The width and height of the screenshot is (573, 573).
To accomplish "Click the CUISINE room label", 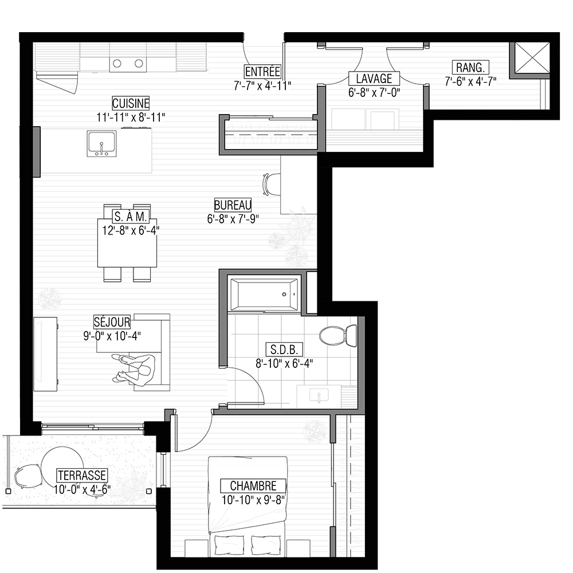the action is click(131, 103).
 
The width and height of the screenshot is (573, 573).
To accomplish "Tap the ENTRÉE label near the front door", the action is click(262, 71).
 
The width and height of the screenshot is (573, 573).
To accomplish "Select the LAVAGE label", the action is click(374, 79).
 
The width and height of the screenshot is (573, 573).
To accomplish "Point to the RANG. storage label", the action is click(470, 68).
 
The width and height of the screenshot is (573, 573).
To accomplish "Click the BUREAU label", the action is click(233, 205).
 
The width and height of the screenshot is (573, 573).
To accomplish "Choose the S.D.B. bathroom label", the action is click(284, 350).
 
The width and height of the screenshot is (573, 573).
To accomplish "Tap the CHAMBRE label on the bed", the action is click(253, 486).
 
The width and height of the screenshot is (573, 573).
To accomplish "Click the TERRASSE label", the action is click(82, 476).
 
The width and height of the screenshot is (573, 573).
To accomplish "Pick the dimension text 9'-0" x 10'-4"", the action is click(112, 336).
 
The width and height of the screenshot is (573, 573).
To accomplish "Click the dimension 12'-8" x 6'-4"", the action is click(131, 231).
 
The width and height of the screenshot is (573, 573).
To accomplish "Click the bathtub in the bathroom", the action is click(263, 294).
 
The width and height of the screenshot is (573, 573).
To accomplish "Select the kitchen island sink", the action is click(101, 144).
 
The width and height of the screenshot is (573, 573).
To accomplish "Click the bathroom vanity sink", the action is click(319, 396).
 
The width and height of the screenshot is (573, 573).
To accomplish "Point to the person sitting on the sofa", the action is click(136, 369).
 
